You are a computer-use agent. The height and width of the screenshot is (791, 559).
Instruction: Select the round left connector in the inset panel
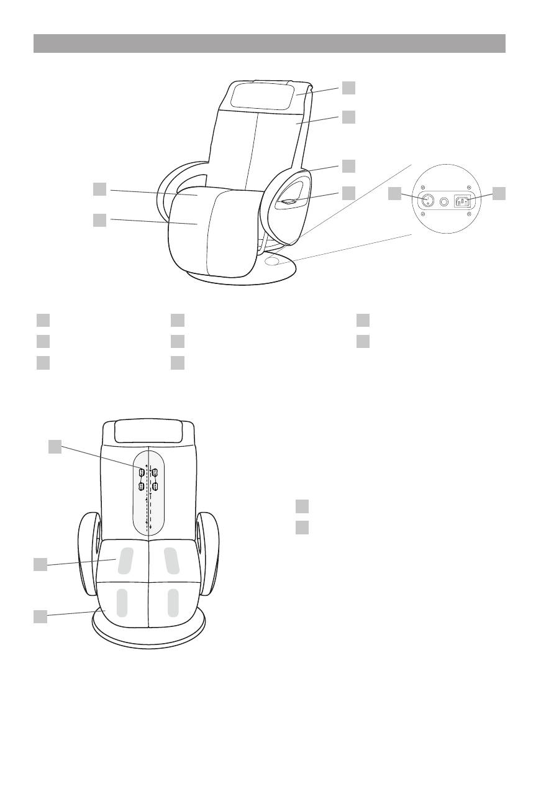click(427, 201)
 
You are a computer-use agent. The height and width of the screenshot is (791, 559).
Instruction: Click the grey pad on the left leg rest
click(122, 603)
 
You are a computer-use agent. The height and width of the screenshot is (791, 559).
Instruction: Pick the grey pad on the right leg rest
click(173, 603)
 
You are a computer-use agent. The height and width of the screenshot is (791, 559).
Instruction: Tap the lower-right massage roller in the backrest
click(155, 486)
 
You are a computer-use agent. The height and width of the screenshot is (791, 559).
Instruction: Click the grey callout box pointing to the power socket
click(499, 194)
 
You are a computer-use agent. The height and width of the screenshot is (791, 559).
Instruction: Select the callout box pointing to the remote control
click(348, 193)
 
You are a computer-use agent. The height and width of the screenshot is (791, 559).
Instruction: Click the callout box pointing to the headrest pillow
click(348, 88)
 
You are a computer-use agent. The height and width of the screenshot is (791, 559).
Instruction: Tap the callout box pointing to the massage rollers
click(55, 446)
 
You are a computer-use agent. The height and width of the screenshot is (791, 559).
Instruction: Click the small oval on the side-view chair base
click(271, 262)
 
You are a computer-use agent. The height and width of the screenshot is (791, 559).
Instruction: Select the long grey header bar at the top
click(269, 43)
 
